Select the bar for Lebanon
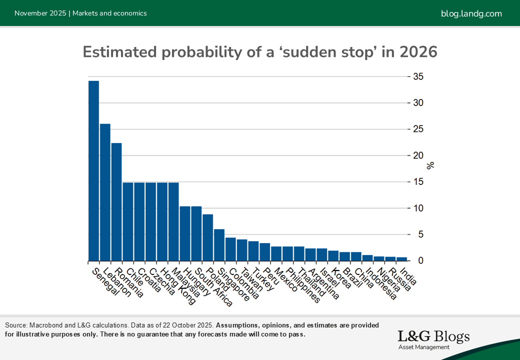(105, 192)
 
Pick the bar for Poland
(208, 237)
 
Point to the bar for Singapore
(219, 245)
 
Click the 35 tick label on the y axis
(418, 76)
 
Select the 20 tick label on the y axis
(418, 155)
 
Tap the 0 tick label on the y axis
(420, 260)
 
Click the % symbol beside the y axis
(430, 165)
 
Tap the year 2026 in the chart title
(418, 52)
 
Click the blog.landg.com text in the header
(471, 13)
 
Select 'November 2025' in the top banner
(40, 13)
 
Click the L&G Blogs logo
(433, 338)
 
